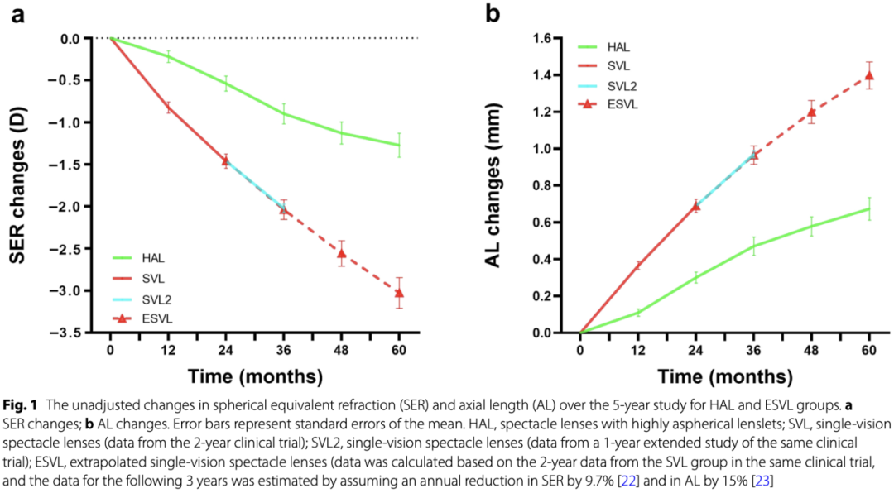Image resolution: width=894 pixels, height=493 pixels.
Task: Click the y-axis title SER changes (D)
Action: [22, 185]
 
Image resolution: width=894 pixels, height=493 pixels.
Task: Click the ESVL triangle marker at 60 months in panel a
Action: [399, 293]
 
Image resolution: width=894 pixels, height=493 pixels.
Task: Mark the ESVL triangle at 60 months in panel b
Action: [869, 76]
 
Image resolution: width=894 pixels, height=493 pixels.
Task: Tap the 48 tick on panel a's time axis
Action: [341, 349]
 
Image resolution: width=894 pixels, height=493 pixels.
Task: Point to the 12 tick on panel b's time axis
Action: [638, 349]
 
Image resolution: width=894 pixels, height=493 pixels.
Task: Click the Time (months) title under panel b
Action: [724, 377]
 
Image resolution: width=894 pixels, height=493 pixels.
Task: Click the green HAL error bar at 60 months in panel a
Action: [399, 145]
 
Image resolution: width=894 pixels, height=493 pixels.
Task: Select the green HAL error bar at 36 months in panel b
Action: [753, 246]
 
